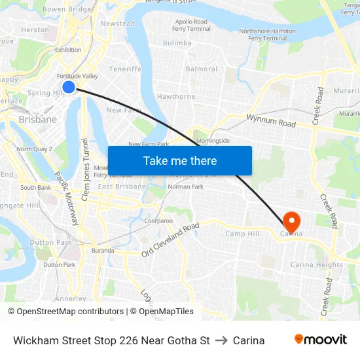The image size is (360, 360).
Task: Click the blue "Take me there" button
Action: (179, 160)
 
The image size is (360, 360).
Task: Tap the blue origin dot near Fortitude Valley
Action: (69, 87)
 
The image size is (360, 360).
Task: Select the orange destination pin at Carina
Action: (289, 221)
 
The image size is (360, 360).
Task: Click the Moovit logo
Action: (320, 340)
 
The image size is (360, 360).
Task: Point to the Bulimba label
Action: (177, 43)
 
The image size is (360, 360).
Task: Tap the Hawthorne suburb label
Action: (176, 96)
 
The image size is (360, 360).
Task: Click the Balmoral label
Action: (202, 69)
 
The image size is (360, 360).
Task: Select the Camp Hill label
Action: (242, 234)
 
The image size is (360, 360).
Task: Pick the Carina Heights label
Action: (317, 265)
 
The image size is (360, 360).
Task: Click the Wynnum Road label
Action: (271, 120)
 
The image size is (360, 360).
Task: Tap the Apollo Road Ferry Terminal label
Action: (192, 25)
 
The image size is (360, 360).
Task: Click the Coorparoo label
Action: (158, 221)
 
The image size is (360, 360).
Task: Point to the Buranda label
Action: (102, 250)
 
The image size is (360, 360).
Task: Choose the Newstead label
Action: (118, 24)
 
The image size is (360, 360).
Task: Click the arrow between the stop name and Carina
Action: (221, 340)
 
